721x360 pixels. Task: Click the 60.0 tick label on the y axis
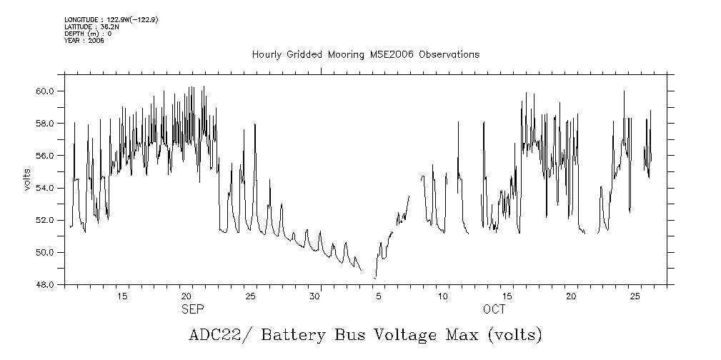pos(46,91)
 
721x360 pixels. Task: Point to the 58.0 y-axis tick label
pos(46,123)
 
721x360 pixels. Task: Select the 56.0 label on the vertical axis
pos(46,155)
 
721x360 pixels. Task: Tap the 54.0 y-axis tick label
pos(46,188)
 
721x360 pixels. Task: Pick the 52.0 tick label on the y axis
pos(46,220)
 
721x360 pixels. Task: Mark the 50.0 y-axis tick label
pos(46,252)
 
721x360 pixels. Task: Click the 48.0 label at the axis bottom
pos(46,284)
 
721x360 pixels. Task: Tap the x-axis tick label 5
pos(379,296)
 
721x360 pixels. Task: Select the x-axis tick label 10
pos(443,296)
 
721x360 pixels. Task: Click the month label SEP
pos(192,309)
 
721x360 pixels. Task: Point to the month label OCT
pos(494,309)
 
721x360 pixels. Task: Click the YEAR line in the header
pos(84,41)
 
